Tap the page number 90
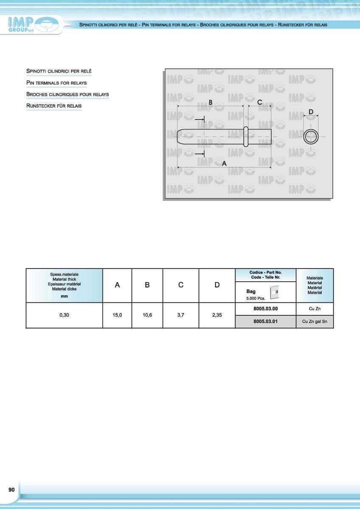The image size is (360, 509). pos(11,490)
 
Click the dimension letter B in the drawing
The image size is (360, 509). pos(210,102)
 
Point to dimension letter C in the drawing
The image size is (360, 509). pos(259,102)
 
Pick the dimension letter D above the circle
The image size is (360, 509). pos(311,112)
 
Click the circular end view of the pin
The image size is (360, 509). pos(311,137)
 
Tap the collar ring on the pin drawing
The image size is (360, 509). pos(245,136)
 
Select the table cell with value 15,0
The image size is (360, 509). pos(117,315)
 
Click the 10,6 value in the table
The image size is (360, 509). pos(147,315)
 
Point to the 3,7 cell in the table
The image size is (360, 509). pos(180,315)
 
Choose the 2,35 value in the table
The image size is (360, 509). pos(217,315)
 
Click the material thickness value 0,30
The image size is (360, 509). pos(64,315)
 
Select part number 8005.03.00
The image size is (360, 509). pos(265,308)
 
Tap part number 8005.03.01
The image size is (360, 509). pos(265,322)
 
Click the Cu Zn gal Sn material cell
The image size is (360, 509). pos(315,322)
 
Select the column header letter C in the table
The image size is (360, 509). pos(180,285)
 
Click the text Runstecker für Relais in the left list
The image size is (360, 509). pos(54,105)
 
